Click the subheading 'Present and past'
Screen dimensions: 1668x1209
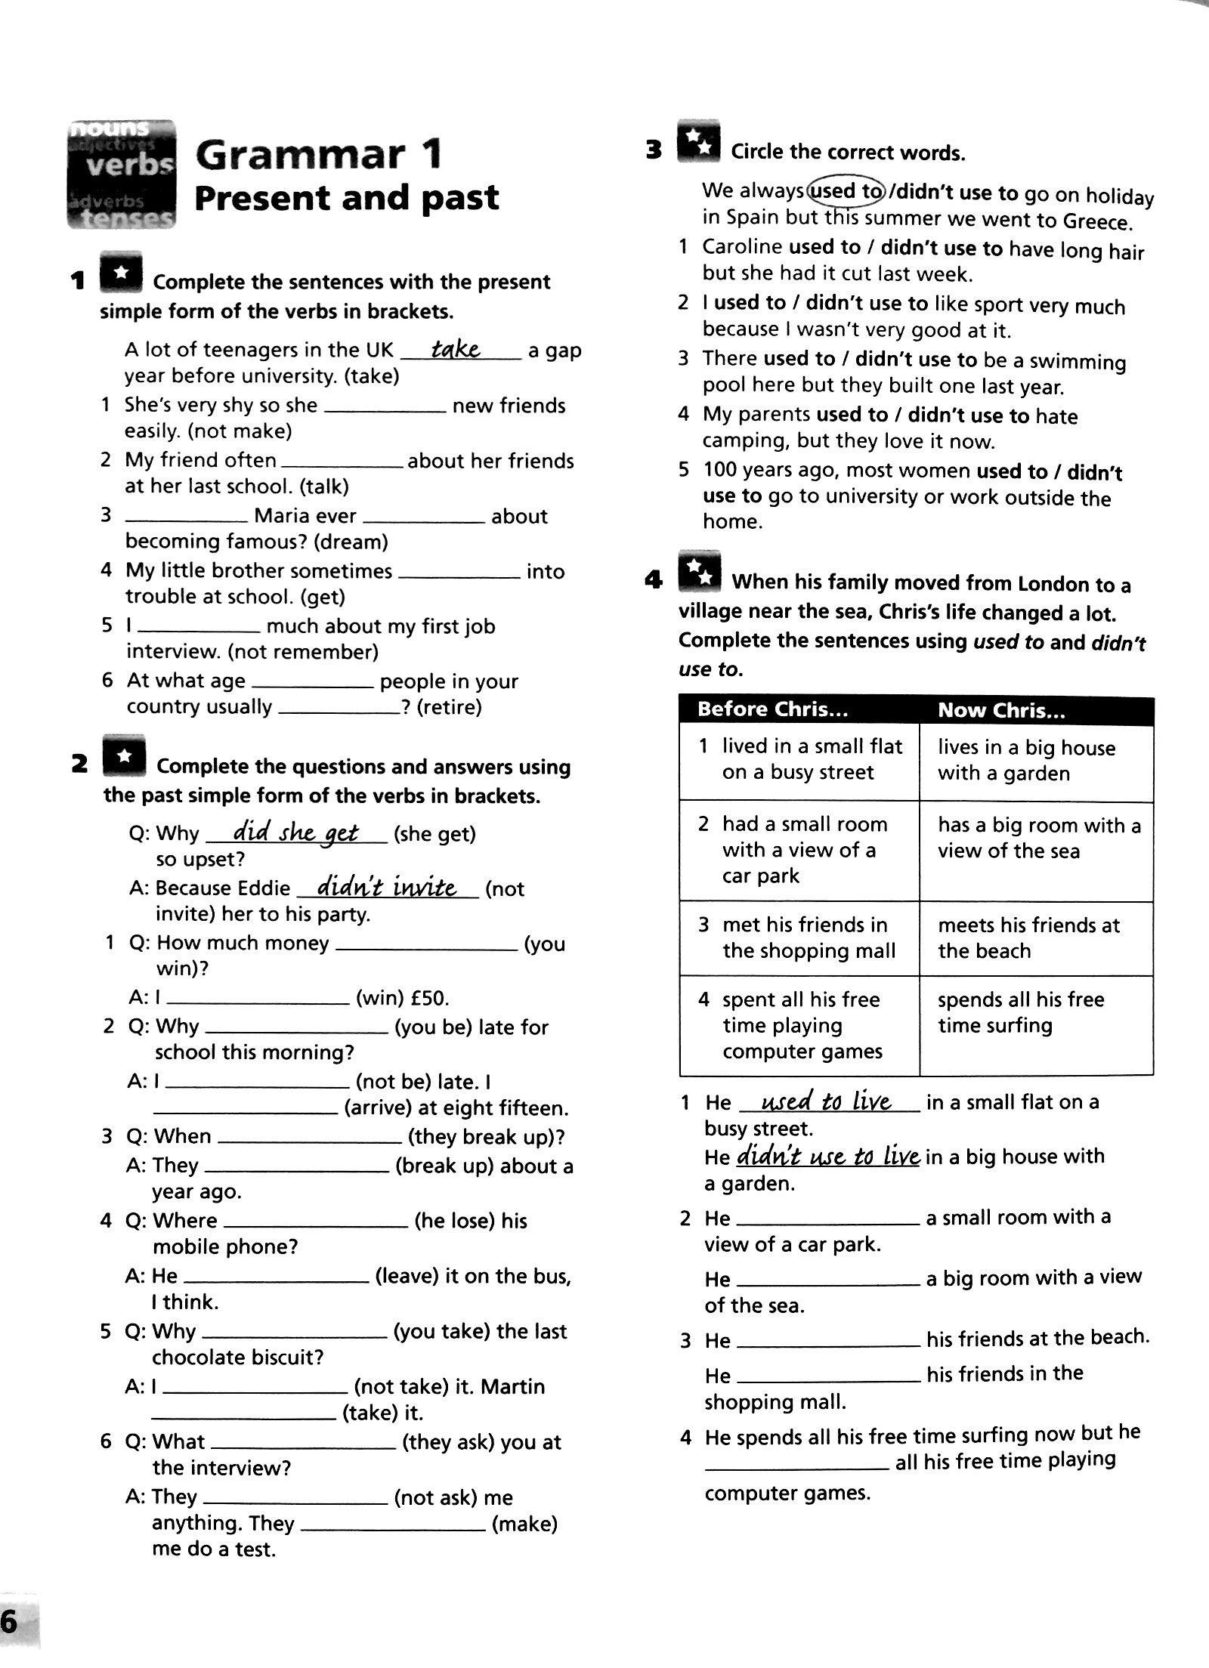coord(347,198)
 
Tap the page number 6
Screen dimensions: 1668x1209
coord(11,1619)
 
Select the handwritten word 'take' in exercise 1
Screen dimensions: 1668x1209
coord(456,348)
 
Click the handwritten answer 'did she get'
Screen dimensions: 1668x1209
coord(295,832)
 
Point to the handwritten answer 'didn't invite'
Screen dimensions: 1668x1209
coord(387,886)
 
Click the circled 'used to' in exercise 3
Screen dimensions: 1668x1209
coord(846,191)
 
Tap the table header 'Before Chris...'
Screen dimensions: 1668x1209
coord(773,709)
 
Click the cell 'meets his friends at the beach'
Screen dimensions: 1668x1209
coord(1028,937)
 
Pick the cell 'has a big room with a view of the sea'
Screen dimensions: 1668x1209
coord(1038,838)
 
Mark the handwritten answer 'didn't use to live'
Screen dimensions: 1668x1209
coord(827,1157)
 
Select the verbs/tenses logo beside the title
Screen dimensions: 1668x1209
coord(122,174)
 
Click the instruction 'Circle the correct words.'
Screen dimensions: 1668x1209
coord(847,153)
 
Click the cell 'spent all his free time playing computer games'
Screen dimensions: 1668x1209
coord(802,1025)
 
